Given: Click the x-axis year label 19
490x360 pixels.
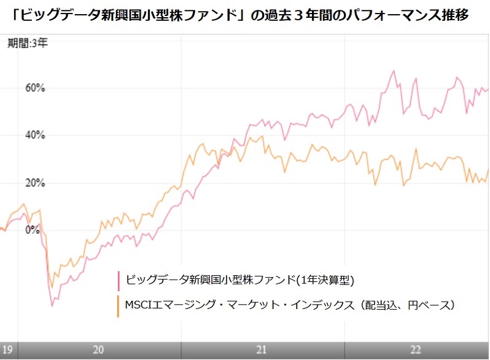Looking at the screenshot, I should pyautogui.click(x=7, y=350).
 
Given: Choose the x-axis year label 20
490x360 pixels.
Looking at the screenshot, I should pyautogui.click(x=98, y=350).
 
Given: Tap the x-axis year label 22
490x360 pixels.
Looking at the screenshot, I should pyautogui.click(x=416, y=350).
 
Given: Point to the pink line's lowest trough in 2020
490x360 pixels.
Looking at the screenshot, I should pyautogui.click(x=52, y=305).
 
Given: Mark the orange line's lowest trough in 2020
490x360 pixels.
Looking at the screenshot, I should pyautogui.click(x=52, y=288).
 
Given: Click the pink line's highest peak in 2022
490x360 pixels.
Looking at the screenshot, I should pyautogui.click(x=393, y=71).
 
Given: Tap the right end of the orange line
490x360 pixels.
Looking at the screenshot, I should pyautogui.click(x=488, y=169).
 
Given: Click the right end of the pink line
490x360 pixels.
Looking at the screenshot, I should pyautogui.click(x=488, y=88).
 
